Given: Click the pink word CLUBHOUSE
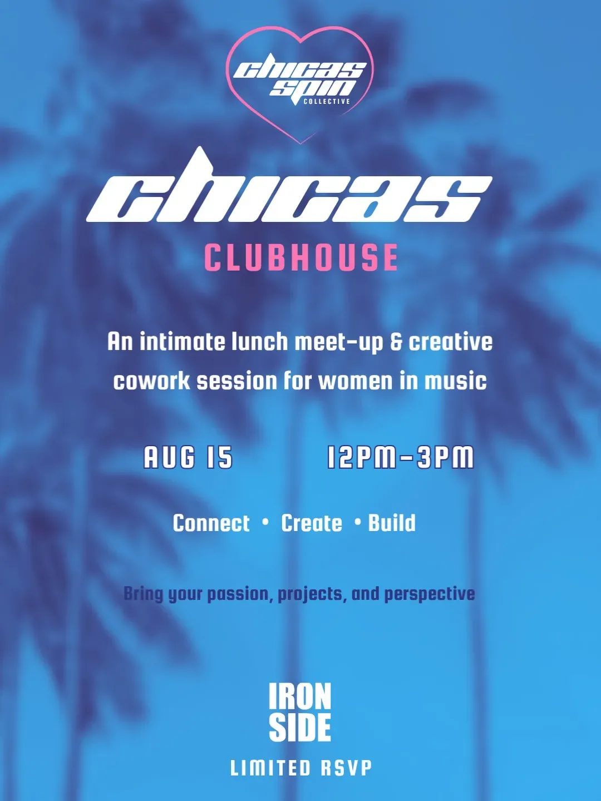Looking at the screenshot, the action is [301, 258].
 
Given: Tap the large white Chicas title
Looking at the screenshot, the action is [289, 186].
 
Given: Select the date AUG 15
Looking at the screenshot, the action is [188, 457].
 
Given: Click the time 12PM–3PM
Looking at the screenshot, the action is [400, 457].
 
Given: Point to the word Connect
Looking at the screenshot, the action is [211, 523].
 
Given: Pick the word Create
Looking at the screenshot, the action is [312, 523].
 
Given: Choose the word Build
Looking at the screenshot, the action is [392, 523].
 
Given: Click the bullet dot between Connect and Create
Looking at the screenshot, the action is [265, 522].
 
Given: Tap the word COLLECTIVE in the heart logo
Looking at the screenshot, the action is [327, 101].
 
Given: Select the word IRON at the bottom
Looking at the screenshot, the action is [300, 696].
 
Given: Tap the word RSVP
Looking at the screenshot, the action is [346, 768].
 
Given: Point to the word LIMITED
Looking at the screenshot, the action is [270, 768].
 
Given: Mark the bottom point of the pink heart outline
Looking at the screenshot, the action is [300, 144].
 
